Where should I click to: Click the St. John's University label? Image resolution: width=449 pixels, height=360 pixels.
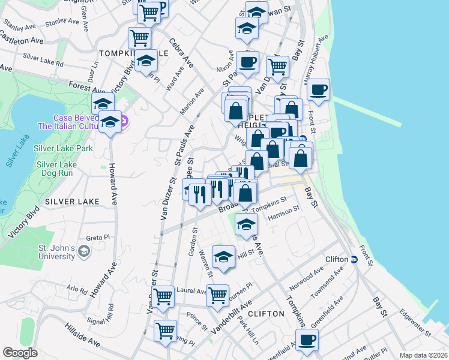pyautogui.click(x=53, y=252)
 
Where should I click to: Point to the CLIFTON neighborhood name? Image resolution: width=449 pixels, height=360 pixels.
pyautogui.click(x=265, y=314)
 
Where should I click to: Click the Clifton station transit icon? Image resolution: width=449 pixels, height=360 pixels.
pyautogui.click(x=354, y=259)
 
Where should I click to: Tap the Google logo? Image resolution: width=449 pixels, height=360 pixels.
pyautogui.click(x=20, y=352)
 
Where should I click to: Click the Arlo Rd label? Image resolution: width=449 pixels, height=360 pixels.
pyautogui.click(x=77, y=289)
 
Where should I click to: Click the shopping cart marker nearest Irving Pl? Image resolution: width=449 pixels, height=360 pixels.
pyautogui.click(x=165, y=329)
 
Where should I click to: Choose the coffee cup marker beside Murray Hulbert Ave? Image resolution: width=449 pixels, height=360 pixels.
pyautogui.click(x=318, y=90)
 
